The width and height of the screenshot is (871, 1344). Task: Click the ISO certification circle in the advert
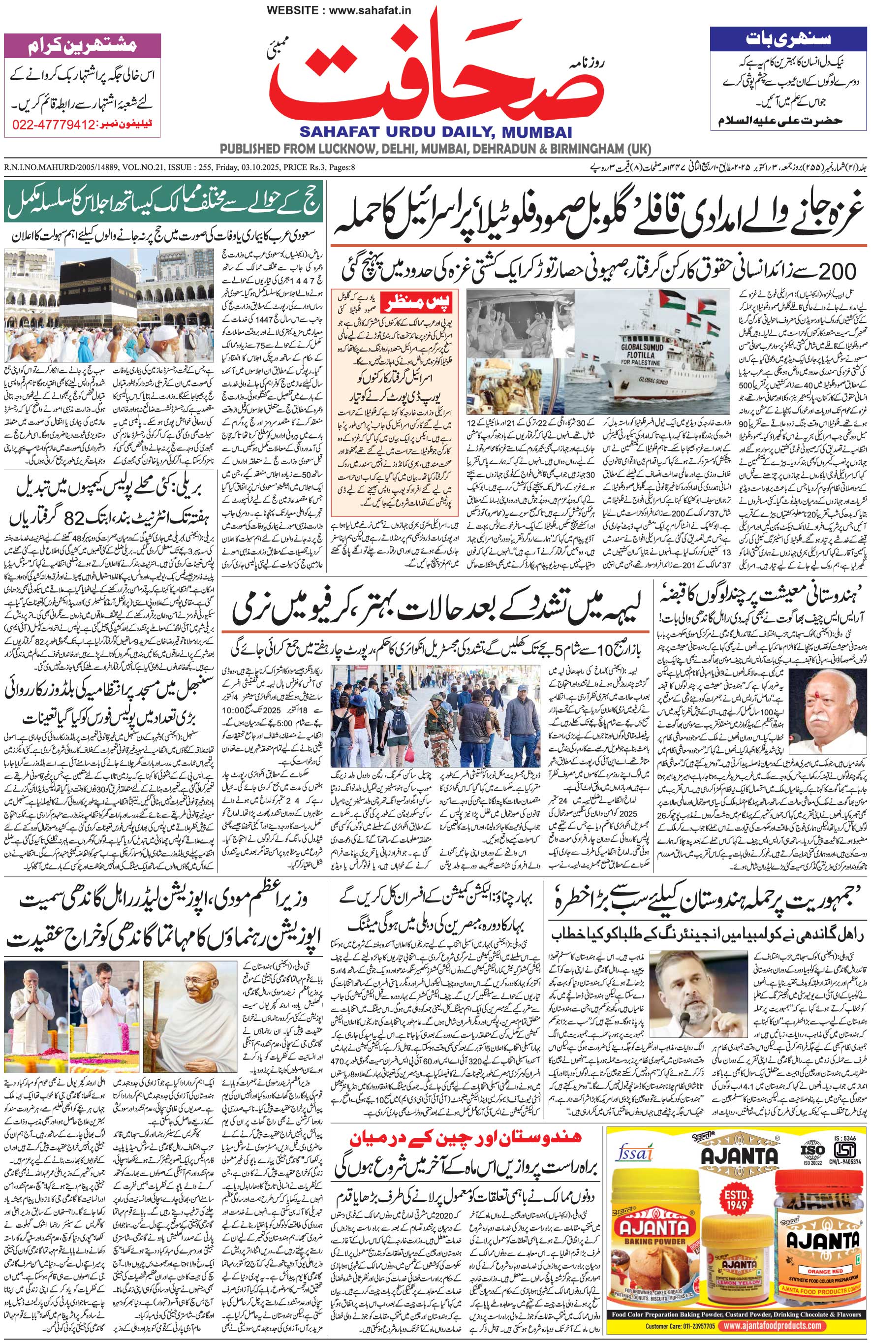pos(810,1138)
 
